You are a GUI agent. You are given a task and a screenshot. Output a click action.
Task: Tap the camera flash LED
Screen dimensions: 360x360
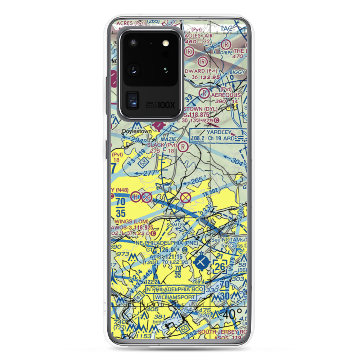point(166,43)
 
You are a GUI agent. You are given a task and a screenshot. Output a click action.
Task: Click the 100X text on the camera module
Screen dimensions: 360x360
point(167,105)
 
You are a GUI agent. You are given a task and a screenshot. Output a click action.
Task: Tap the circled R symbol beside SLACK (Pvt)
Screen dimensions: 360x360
point(183,147)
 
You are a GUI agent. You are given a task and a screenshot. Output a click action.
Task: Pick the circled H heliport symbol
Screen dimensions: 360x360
point(136,197)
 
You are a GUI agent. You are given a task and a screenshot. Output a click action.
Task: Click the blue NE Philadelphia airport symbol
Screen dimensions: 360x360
point(200,261)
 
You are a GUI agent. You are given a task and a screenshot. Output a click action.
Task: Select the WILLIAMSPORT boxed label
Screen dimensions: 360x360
point(175,297)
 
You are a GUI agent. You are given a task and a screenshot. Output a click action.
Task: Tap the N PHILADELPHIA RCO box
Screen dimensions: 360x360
point(175,290)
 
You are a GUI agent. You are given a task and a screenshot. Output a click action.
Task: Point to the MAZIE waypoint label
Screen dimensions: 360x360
point(168,139)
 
